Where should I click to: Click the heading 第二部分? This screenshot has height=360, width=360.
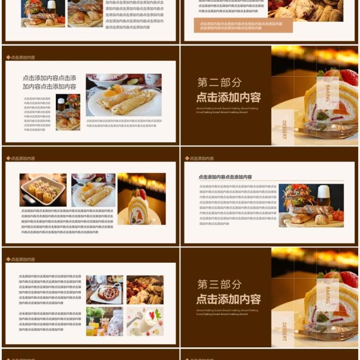(220, 82)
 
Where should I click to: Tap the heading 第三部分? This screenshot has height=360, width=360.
(220, 284)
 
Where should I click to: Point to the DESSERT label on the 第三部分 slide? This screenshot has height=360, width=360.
(284, 332)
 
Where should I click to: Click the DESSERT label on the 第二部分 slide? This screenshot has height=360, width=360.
(284, 130)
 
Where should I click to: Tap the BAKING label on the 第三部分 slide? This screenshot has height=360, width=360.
(328, 295)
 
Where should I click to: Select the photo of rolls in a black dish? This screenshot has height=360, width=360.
(43, 189)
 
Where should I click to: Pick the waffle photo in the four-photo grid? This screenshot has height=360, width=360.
(104, 290)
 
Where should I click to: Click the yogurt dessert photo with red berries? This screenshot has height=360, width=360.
(145, 321)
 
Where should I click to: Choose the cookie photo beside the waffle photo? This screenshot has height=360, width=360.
(145, 290)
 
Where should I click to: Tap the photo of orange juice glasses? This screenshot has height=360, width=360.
(104, 321)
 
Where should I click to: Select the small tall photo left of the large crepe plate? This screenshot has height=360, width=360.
(68, 112)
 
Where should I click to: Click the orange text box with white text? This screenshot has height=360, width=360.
(243, 26)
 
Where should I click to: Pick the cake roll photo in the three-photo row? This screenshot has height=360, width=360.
(141, 198)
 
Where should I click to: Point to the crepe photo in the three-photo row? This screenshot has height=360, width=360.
(93, 189)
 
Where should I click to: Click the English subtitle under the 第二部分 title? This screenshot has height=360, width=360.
(227, 110)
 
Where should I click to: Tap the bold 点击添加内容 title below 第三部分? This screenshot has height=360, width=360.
(228, 299)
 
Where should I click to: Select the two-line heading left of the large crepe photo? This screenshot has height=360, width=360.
(49, 82)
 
